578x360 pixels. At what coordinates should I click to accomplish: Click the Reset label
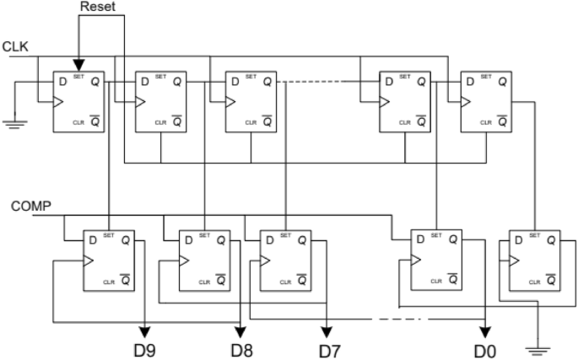pos(95,8)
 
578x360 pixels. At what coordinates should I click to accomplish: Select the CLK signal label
pos(16,47)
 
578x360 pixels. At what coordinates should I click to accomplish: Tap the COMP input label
pos(30,206)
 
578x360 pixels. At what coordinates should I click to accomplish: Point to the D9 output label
pos(146,348)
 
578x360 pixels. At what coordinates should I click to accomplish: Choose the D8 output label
pos(242,348)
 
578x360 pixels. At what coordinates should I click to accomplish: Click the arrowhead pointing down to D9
pos(146,330)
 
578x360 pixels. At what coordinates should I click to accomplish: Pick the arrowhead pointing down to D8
pos(242,330)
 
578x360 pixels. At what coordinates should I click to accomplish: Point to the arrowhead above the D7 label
pos(326,330)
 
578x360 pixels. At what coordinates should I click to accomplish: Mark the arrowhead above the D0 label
pos(487,330)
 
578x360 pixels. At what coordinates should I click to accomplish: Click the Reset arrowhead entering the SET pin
pos(78,65)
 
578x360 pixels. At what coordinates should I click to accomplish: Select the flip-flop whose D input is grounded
pos(79,101)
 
